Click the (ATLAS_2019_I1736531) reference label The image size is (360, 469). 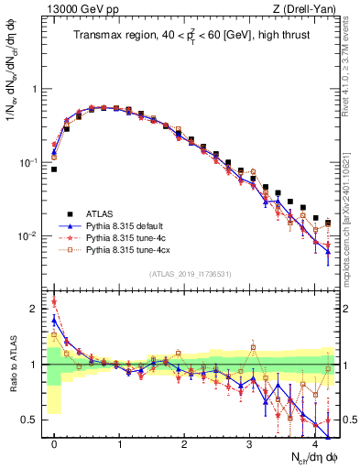tap(190, 275)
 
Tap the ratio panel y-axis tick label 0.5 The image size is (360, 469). tap(34, 420)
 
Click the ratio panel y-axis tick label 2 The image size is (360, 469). tap(38, 309)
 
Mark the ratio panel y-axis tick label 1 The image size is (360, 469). tap(38, 365)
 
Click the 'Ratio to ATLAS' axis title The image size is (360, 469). tap(12, 364)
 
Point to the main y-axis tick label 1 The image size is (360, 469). tap(38, 89)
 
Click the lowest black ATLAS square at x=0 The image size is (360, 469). tap(54, 169)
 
